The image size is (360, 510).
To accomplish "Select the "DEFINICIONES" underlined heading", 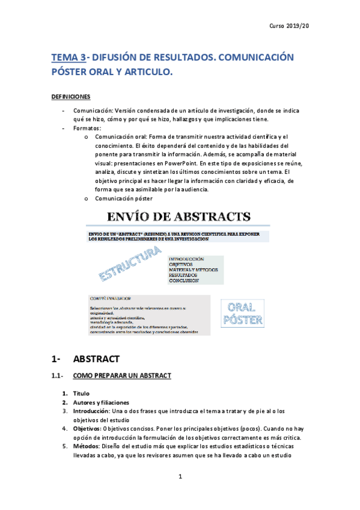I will [x=71, y=96].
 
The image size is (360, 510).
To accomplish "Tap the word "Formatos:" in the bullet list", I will [x=88, y=128].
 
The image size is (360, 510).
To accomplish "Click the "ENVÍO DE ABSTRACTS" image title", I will [x=180, y=217].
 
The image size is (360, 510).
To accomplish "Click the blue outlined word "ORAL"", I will [x=242, y=307].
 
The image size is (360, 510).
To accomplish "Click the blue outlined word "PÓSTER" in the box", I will [x=242, y=319].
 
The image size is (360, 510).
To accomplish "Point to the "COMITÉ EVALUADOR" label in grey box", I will [x=111, y=298].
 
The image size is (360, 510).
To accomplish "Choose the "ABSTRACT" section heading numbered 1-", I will [x=96, y=359].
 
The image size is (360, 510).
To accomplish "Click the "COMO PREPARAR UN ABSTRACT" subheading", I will [x=122, y=376].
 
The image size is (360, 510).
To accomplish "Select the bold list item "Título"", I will [x=81, y=393].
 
